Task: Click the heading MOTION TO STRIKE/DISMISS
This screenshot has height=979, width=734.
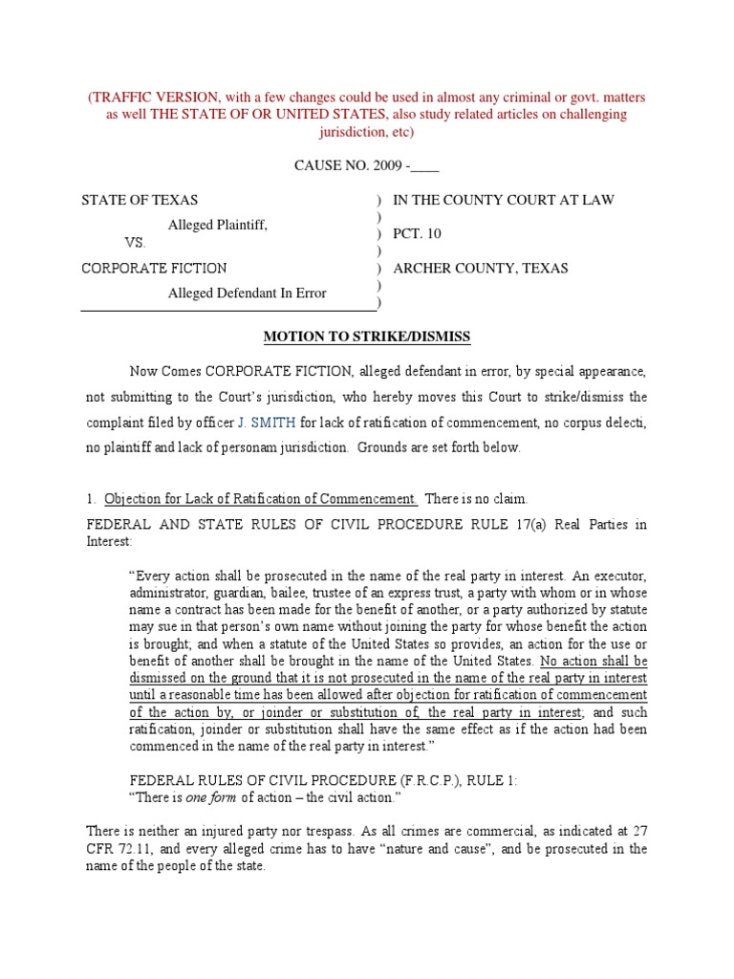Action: (x=367, y=337)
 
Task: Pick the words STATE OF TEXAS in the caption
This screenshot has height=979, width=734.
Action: (x=140, y=200)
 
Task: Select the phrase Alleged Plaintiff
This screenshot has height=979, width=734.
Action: (x=218, y=225)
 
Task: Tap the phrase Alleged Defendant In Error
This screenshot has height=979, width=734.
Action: (x=247, y=293)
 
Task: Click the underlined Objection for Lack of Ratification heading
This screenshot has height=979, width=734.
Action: (x=260, y=498)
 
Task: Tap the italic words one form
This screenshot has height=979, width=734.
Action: (x=209, y=797)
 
